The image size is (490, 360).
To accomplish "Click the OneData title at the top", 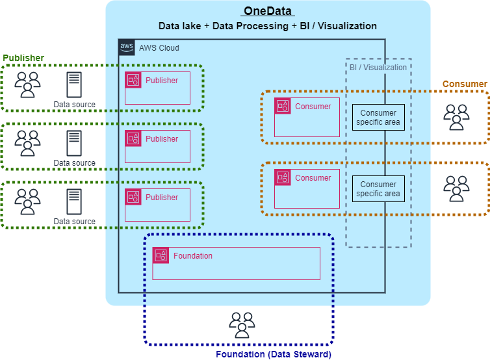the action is [x=268, y=11].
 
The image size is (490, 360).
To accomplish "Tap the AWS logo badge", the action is [x=127, y=47].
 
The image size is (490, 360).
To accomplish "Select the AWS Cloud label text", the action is [x=159, y=48].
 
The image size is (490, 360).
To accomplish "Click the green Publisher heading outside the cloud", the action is [x=23, y=58].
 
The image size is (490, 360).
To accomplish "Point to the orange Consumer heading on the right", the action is [x=465, y=84].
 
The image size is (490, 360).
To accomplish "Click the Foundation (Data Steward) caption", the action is [x=274, y=354].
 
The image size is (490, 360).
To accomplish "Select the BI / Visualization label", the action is [x=378, y=67].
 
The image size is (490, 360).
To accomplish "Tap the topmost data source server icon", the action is [x=74, y=84].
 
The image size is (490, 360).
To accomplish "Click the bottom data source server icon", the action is [x=74, y=201].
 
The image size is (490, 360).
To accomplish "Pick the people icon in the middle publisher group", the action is [x=27, y=143].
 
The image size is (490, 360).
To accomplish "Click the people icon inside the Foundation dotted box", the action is [x=242, y=325].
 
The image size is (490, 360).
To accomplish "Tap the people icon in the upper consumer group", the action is [x=456, y=117].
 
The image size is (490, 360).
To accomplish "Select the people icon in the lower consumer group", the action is [x=456, y=188].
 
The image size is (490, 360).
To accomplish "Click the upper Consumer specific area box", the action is [x=378, y=117].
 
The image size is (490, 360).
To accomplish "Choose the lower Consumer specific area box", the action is [x=378, y=188].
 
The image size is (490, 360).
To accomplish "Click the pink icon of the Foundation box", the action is [x=161, y=255].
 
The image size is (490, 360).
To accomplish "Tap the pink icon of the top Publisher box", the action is [x=133, y=80].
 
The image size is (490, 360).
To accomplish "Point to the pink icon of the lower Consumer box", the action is [x=283, y=177].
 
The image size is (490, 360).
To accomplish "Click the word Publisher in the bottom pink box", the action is [x=162, y=197].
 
